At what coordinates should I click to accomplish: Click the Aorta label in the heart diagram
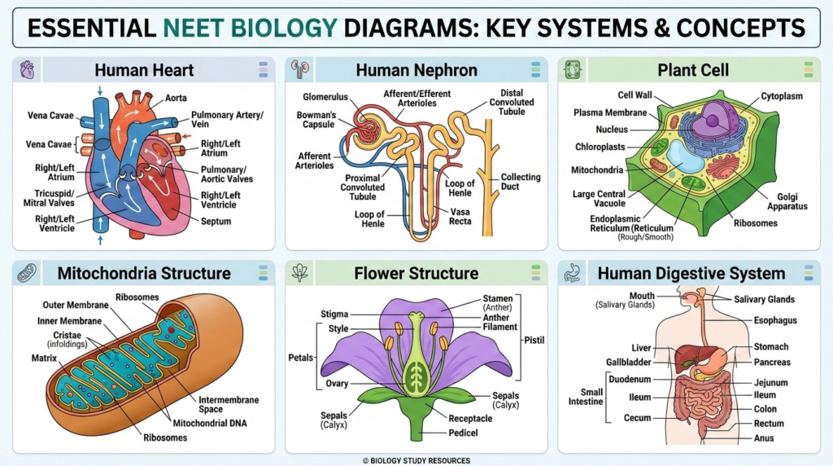click(176, 98)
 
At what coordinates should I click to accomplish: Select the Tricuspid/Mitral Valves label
click(50, 197)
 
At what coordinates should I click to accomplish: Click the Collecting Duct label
click(521, 182)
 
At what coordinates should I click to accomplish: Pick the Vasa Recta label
click(460, 216)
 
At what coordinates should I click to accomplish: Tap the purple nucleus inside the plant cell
click(712, 121)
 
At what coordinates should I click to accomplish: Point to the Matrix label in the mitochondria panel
click(45, 358)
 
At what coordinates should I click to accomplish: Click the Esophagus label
click(774, 320)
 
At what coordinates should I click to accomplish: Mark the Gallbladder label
click(629, 362)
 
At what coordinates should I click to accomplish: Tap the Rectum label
click(769, 423)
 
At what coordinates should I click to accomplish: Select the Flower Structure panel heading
click(416, 273)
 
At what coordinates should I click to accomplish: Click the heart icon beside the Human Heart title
click(27, 68)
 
